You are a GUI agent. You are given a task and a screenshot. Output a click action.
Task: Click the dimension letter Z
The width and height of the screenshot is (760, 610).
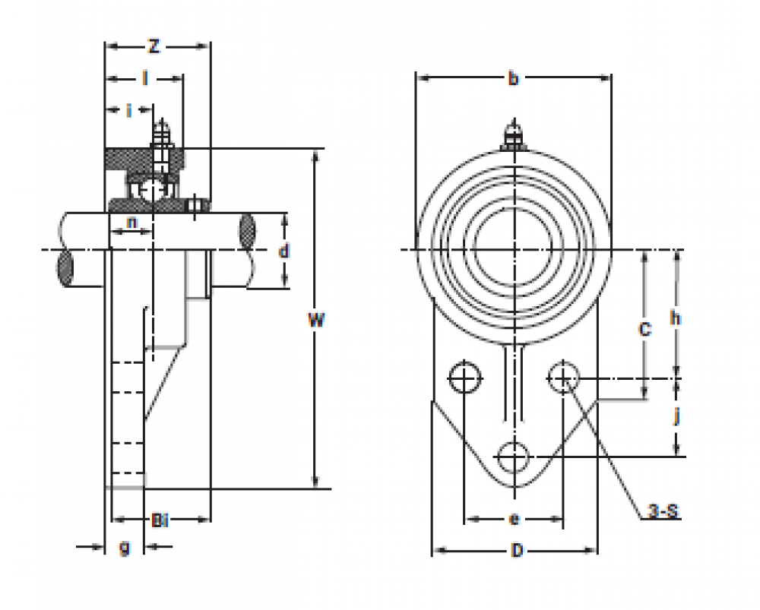[x=154, y=47]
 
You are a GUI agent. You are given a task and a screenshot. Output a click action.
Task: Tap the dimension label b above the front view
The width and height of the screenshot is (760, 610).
[x=513, y=77]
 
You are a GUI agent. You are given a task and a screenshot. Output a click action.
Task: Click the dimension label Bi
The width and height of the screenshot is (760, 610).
[x=160, y=520]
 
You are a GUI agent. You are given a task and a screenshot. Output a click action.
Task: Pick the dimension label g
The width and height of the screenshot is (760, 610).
[x=125, y=546]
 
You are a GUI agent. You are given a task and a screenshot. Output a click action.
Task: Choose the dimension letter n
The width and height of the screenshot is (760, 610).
[x=131, y=223]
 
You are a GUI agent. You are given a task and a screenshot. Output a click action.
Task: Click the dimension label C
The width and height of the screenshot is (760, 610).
[x=644, y=329]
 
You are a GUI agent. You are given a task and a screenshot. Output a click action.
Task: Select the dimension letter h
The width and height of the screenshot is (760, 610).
[x=675, y=318]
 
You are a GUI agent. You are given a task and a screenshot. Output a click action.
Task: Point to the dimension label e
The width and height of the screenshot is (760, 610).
[x=514, y=520]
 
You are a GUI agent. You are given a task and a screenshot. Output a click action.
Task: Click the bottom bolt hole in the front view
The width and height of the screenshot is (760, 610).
[x=514, y=457]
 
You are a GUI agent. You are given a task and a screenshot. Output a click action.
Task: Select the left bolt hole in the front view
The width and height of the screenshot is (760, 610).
[x=464, y=378]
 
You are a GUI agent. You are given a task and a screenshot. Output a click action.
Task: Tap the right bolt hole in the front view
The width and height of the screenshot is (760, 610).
[x=563, y=378]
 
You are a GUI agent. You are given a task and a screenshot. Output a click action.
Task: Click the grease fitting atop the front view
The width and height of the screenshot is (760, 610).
[x=514, y=135]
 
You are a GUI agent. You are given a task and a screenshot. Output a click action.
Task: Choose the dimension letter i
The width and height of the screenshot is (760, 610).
[x=129, y=111]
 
